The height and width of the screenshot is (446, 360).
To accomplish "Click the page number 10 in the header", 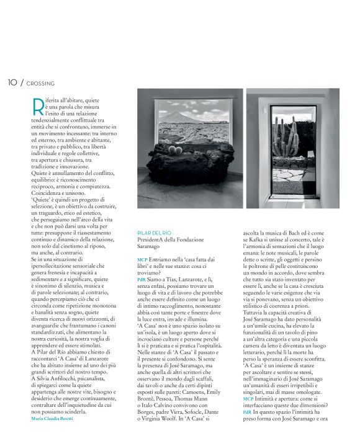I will point(12,83).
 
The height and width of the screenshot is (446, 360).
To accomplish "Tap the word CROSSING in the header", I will point(41,83).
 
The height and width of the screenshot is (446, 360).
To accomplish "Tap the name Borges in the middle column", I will point(149,420).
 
